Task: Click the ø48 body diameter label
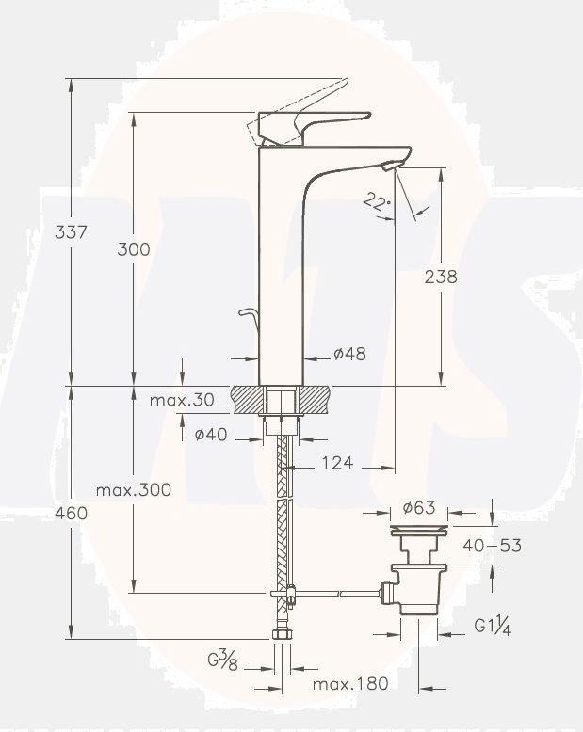point(349,355)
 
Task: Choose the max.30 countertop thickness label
point(182,400)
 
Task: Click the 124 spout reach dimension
point(336,462)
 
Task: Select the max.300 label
point(133,490)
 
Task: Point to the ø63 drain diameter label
point(418,508)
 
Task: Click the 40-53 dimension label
point(492,545)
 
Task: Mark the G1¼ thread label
point(492,626)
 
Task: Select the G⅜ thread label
point(222,660)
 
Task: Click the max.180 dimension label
point(350,684)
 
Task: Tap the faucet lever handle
point(311,123)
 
